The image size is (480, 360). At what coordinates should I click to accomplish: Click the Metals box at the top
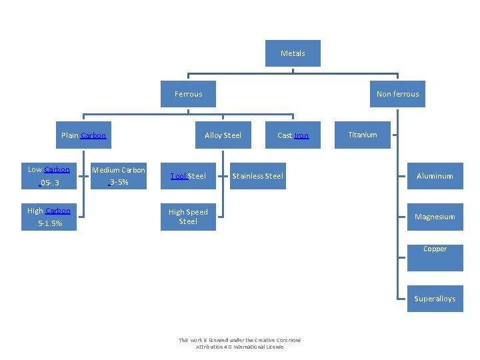pyautogui.click(x=293, y=53)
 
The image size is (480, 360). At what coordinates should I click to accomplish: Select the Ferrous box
pyautogui.click(x=189, y=94)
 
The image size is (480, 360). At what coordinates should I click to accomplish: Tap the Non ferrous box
pyautogui.click(x=397, y=94)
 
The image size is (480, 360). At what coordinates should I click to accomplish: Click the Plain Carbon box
pyautogui.click(x=83, y=135)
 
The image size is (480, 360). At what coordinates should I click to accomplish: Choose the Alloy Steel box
pyautogui.click(x=223, y=135)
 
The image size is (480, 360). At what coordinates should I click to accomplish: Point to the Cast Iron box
pyautogui.click(x=293, y=135)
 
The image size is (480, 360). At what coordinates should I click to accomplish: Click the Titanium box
pyautogui.click(x=363, y=135)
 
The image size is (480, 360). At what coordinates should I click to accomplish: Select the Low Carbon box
pyautogui.click(x=49, y=176)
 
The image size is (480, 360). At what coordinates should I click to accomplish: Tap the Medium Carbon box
pyautogui.click(x=118, y=176)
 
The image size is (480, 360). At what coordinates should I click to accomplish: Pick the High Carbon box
pyautogui.click(x=49, y=217)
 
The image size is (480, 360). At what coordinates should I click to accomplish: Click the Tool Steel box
pyautogui.click(x=188, y=176)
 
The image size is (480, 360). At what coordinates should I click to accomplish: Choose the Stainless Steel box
pyautogui.click(x=257, y=176)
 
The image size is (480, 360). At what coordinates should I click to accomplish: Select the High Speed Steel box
pyautogui.click(x=188, y=217)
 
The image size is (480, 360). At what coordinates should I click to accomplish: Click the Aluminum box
pyautogui.click(x=435, y=176)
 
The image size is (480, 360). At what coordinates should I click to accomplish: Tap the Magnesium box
pyautogui.click(x=435, y=217)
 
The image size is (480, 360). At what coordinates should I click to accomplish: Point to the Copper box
pyautogui.click(x=435, y=257)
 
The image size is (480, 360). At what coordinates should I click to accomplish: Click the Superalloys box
pyautogui.click(x=435, y=298)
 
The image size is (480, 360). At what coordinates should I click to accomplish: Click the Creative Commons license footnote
pyautogui.click(x=239, y=343)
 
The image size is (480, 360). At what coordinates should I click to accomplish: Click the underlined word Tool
pyautogui.click(x=178, y=176)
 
